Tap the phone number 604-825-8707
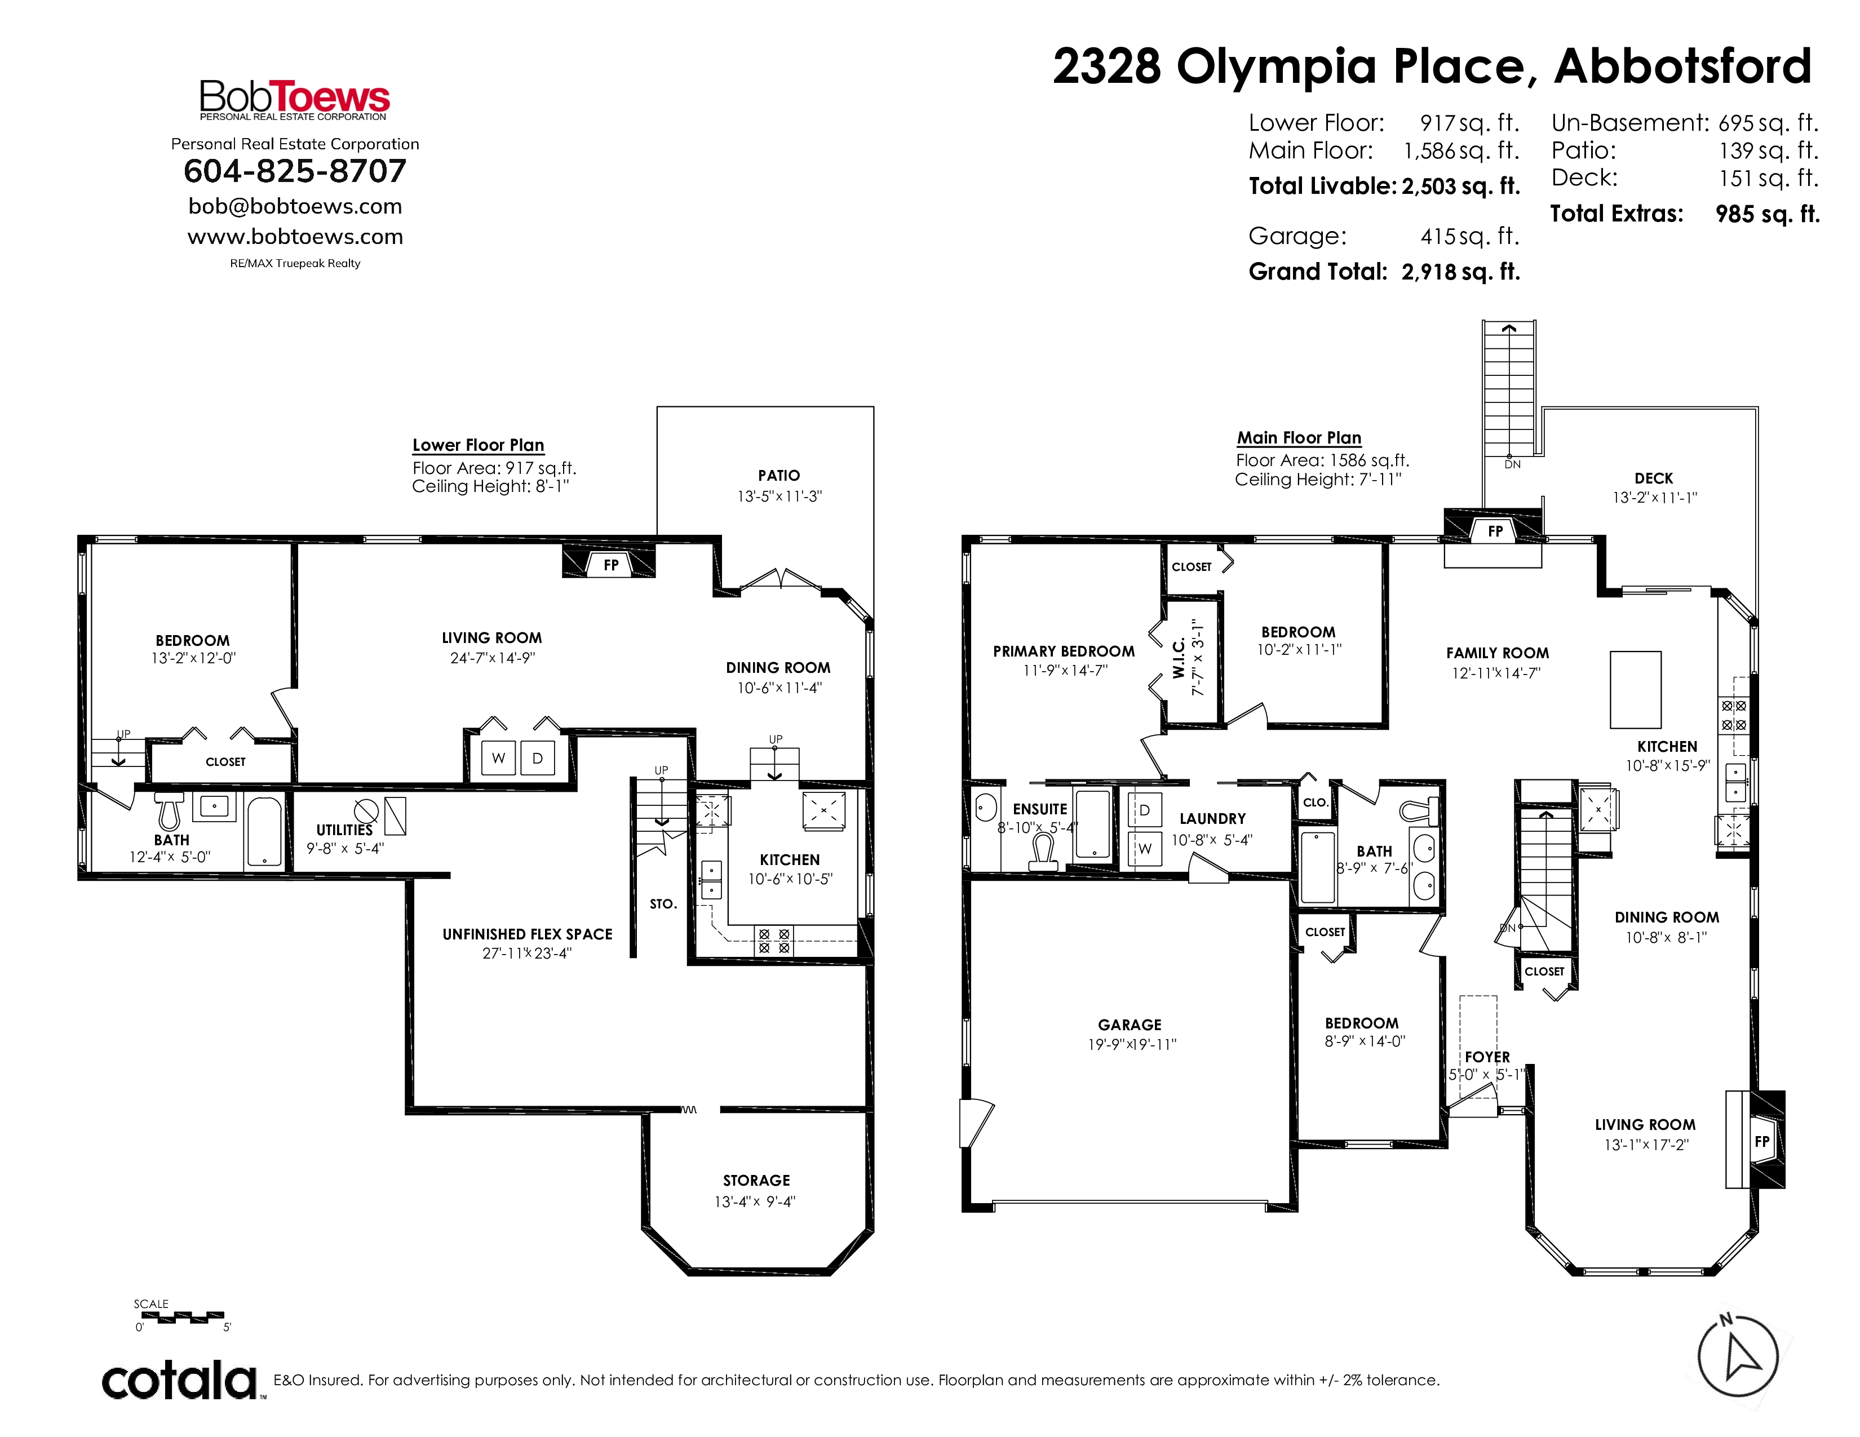coord(295,171)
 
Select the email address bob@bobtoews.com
coord(295,206)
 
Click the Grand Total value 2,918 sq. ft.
coord(1460,272)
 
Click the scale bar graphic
coord(180,1317)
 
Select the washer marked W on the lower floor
coord(498,757)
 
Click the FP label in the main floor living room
coord(1762,1142)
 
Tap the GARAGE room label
coord(1130,1025)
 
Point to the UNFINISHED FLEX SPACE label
coord(527,934)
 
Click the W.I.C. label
coord(1180,659)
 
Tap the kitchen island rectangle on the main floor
coord(1635,690)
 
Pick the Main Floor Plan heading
coord(1299,437)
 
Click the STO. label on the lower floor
coord(663,904)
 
